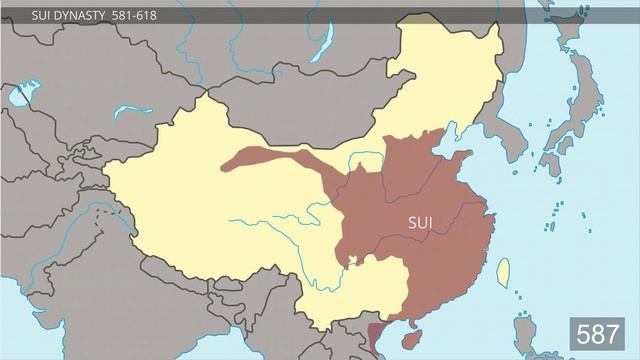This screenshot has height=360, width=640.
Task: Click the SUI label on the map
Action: (x=421, y=221)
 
